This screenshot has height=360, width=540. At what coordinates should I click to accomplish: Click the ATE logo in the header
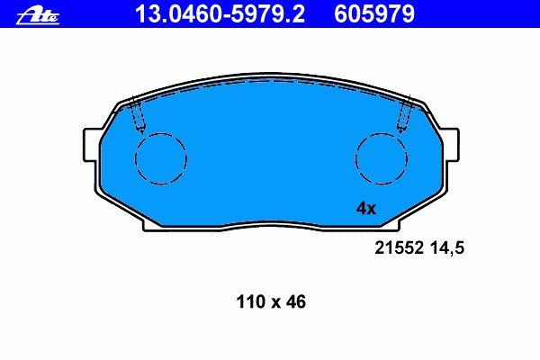pyautogui.click(x=38, y=16)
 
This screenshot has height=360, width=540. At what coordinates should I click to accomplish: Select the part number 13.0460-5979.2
pyautogui.click(x=220, y=14)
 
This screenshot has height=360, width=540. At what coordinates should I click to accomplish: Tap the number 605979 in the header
pyautogui.click(x=374, y=14)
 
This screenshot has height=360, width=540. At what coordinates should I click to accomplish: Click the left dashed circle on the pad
pyautogui.click(x=161, y=158)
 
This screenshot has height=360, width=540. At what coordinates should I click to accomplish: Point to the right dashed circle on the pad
pyautogui.click(x=382, y=158)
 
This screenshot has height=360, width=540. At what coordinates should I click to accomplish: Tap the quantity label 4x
pyautogui.click(x=366, y=209)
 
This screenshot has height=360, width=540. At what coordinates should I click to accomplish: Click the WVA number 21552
pyautogui.click(x=399, y=247)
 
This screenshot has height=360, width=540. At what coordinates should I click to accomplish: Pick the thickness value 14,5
pyautogui.click(x=447, y=248)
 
